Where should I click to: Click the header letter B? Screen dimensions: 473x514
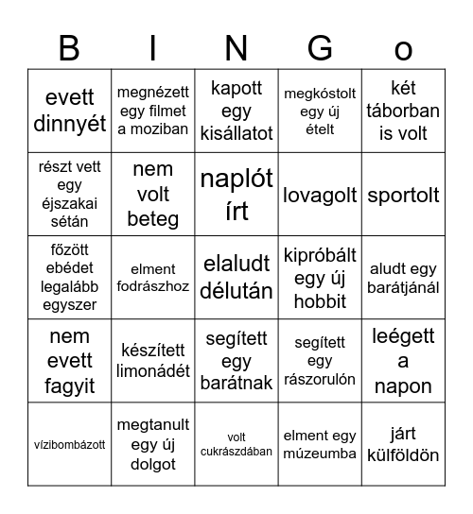[69, 47]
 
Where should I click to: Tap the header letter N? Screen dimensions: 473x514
[236, 47]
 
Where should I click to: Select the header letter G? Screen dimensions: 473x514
[321, 47]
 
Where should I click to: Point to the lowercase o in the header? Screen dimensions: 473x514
[404, 49]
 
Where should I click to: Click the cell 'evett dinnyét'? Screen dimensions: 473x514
[70, 111]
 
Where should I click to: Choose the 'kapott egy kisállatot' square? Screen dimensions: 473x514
[236, 111]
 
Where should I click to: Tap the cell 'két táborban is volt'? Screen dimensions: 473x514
[404, 111]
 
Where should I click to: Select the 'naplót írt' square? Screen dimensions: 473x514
[236, 195]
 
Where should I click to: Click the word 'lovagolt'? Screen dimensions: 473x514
[321, 196]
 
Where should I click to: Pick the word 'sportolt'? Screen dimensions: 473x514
[404, 196]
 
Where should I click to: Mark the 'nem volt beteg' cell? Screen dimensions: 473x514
[153, 195]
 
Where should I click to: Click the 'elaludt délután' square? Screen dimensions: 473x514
[236, 278]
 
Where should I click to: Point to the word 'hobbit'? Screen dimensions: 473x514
[321, 301]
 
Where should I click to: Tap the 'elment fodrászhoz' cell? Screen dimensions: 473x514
[153, 278]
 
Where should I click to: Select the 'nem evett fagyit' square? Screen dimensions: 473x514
[70, 361]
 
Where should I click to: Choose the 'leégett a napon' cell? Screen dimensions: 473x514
[404, 361]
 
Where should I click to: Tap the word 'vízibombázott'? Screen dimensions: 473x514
[70, 444]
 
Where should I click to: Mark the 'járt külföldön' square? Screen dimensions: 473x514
[404, 444]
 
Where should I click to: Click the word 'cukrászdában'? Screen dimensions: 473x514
[236, 452]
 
